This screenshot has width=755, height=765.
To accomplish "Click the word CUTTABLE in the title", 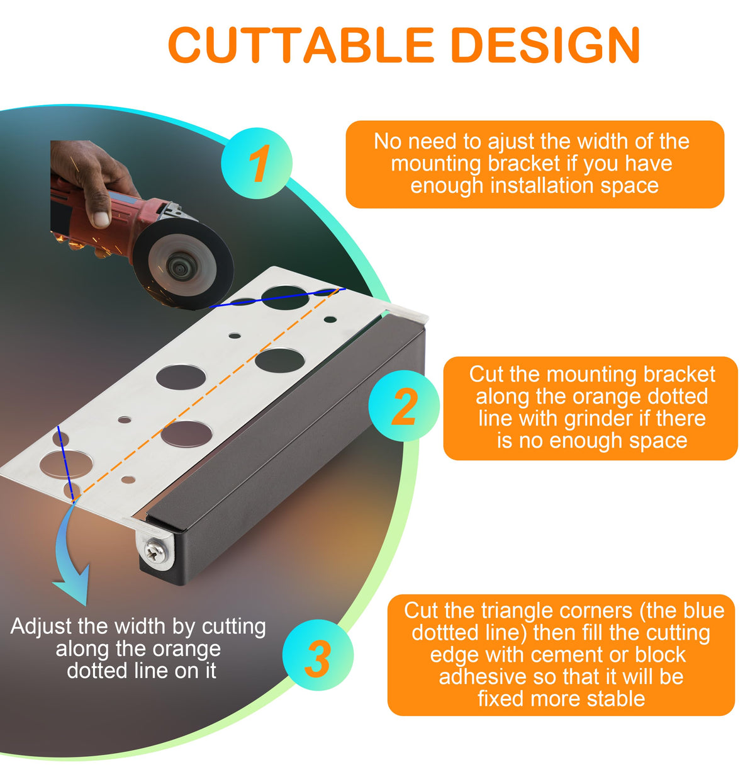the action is [300, 45].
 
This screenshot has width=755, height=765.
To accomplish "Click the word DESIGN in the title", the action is [546, 45].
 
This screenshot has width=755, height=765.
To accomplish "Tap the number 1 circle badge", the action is [257, 163].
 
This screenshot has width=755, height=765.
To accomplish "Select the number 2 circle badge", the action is [404, 405].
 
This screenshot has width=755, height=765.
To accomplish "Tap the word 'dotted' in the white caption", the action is [97, 671].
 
